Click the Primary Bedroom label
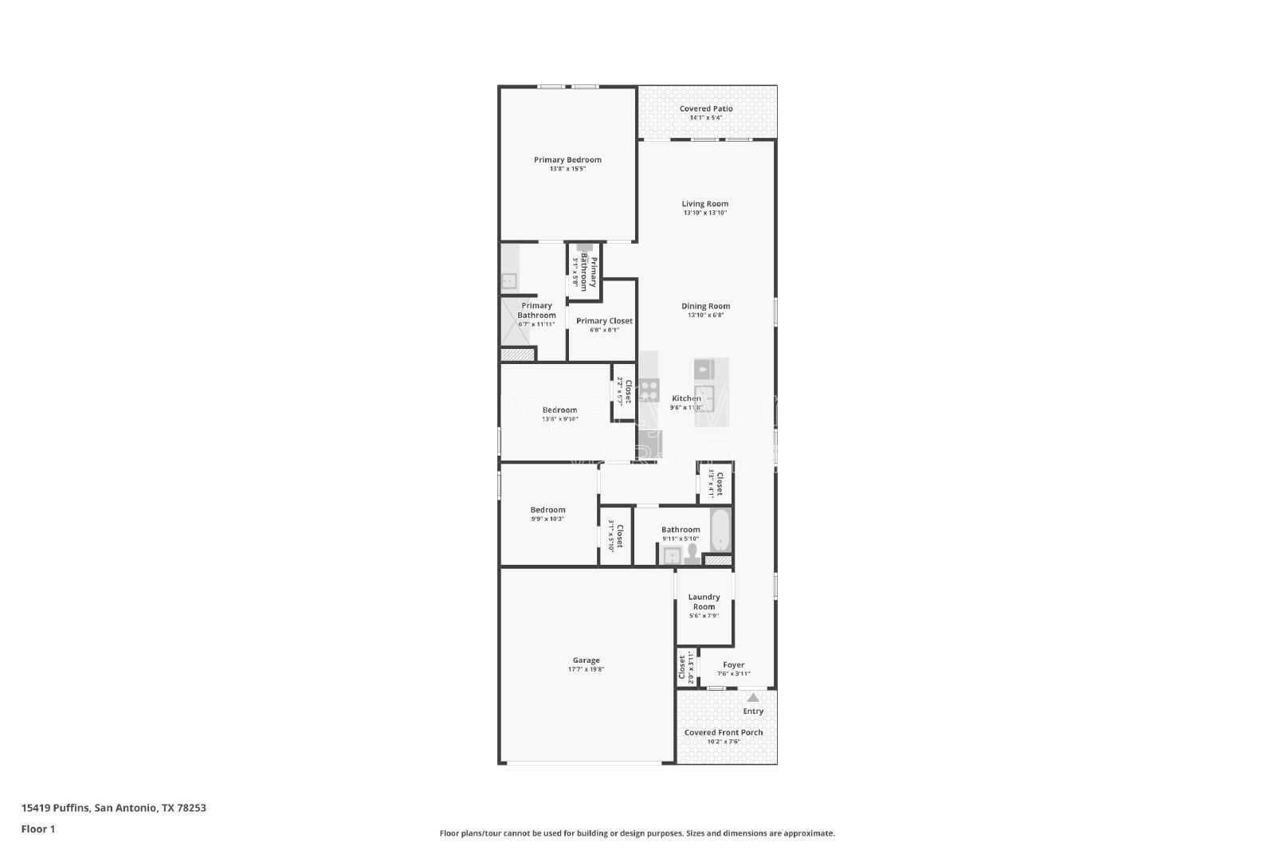point(567,160)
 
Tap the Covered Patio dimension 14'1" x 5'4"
point(705,118)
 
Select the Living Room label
point(704,204)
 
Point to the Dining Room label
point(705,306)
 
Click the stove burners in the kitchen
point(649,390)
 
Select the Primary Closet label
point(604,321)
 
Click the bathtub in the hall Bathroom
point(720,531)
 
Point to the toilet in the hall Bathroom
point(691,553)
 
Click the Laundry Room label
point(704,601)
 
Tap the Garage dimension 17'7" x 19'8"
point(586,669)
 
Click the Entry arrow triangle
point(753,698)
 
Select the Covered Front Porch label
point(724,732)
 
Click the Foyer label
point(733,664)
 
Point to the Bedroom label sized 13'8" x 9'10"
point(559,410)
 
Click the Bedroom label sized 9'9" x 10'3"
point(547,510)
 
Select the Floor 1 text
point(37,829)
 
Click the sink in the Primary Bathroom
point(508,280)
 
